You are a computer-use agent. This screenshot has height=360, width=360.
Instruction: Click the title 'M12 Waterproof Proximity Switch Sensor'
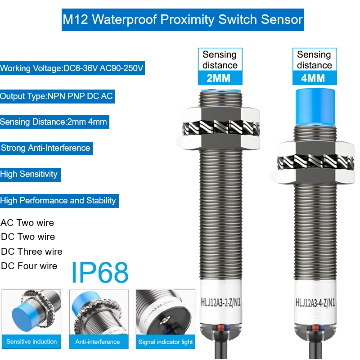pos(183,20)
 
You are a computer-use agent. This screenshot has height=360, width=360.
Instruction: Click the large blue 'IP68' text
pos(100,272)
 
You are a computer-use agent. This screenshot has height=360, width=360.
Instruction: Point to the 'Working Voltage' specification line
pos(72,69)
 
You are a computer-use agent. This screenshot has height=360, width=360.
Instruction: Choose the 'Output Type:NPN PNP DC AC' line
pos(57,96)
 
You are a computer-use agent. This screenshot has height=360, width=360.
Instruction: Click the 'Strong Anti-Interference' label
pos(45,148)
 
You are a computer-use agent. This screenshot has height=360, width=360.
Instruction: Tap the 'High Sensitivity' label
pos(29,174)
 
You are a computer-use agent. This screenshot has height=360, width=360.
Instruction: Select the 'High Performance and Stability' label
pos(58,201)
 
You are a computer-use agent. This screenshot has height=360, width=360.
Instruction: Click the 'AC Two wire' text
pos(27,223)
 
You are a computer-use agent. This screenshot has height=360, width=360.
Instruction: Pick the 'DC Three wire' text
pos(32,252)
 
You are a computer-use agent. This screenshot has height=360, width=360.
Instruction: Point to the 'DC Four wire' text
pos(29,266)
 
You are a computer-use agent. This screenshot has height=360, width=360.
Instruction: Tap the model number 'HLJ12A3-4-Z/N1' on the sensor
pos(315,302)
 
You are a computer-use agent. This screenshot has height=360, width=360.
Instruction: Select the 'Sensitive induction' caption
pos(31,342)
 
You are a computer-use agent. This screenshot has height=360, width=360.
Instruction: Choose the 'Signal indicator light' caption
pos(166,342)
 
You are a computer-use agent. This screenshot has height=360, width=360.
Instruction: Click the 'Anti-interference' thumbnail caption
pos(98,342)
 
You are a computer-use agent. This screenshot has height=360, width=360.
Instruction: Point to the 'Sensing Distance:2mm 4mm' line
pos(54,122)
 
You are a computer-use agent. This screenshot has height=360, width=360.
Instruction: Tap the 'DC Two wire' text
pos(28,237)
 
